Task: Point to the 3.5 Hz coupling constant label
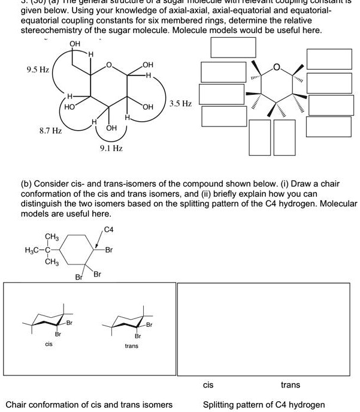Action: [x=181, y=104]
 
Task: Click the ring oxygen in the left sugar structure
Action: [x=108, y=65]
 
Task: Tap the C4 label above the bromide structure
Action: [x=108, y=228]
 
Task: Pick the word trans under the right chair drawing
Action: [x=131, y=347]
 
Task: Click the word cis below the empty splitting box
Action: [x=208, y=384]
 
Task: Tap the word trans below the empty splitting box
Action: [x=291, y=384]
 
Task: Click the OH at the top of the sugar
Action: [x=75, y=44]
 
